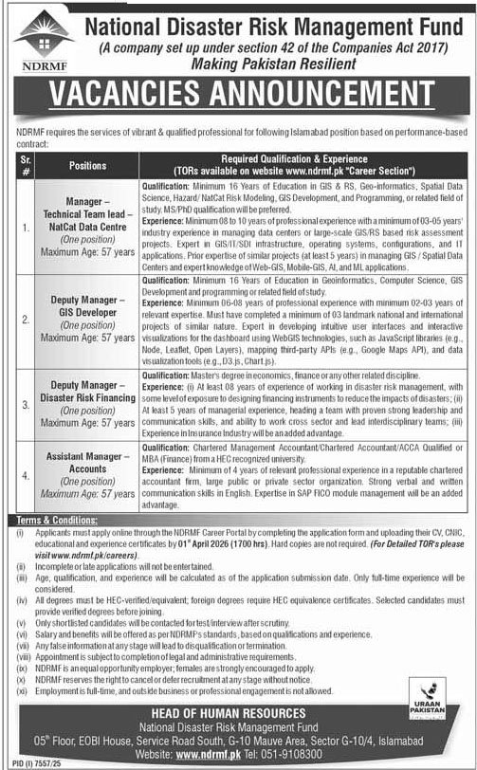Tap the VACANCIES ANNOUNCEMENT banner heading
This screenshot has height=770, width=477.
click(238, 97)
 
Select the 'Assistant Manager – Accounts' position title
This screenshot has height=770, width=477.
click(88, 463)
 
